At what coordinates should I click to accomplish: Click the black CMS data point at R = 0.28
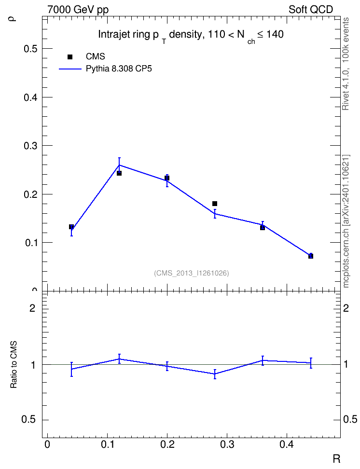[215, 204]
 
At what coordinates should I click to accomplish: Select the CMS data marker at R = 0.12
[119, 173]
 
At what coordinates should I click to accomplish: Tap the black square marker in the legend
[70, 57]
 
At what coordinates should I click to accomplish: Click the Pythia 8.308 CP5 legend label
[119, 69]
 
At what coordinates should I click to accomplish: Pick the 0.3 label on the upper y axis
[30, 146]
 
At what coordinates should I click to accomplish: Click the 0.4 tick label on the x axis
[287, 444]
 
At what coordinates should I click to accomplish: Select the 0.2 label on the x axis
[167, 444]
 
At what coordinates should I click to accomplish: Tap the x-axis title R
[336, 458]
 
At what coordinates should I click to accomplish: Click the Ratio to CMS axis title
[14, 365]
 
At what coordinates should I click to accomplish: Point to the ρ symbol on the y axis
[12, 18]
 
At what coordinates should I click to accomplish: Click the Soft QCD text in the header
[311, 10]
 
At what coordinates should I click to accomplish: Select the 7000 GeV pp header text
[78, 10]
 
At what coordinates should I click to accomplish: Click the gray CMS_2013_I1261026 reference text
[192, 273]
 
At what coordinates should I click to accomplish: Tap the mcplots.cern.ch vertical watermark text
[346, 221]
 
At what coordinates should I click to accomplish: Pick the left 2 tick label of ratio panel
[32, 308]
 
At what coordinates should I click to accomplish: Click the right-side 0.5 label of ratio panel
[350, 419]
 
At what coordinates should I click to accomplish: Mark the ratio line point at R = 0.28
[215, 374]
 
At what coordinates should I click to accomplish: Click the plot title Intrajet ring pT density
[191, 36]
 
